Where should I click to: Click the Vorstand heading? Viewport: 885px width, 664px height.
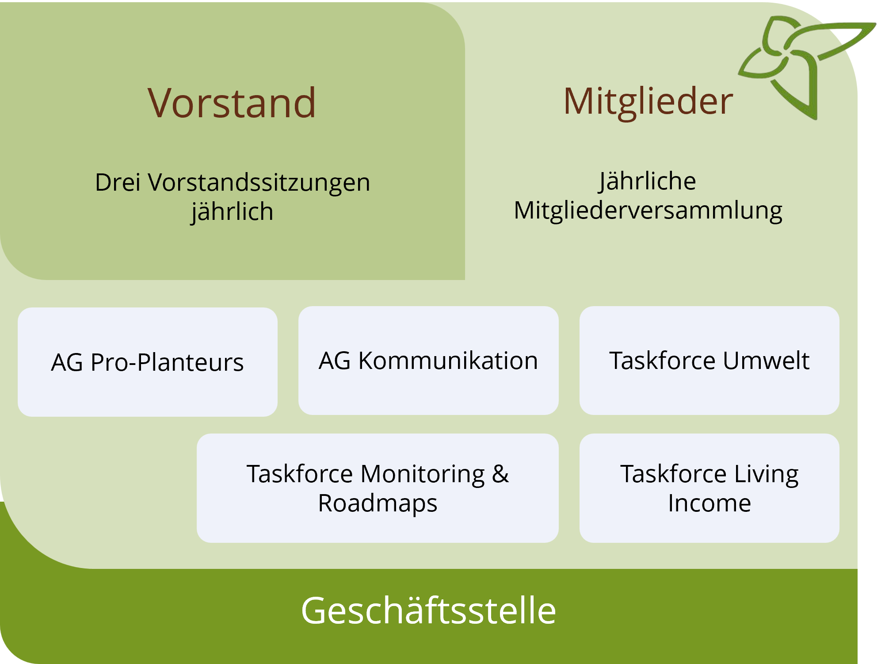232,103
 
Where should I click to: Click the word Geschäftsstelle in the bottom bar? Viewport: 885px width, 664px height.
428,610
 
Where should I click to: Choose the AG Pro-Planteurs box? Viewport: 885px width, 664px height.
148,362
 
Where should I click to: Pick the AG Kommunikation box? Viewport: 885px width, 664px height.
428,361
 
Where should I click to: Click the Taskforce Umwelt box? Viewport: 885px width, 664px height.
710,361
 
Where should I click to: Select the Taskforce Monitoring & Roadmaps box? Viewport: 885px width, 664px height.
378,488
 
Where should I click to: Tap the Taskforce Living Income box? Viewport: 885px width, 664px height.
710,488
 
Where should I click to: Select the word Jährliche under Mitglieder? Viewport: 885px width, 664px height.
648,181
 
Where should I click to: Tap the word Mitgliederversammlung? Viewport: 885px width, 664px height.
648,211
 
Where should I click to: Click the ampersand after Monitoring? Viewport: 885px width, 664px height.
500,474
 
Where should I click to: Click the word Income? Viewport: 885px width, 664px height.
710,503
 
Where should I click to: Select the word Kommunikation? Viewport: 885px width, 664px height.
448,361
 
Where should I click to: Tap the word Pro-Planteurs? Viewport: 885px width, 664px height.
167,362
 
